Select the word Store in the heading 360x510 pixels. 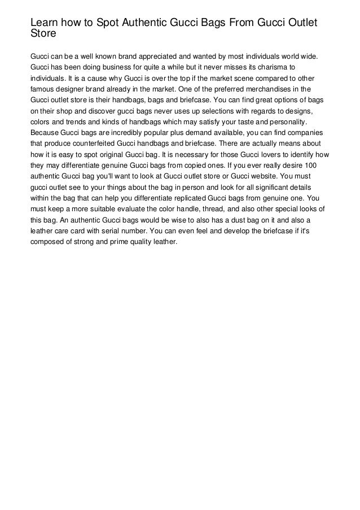[43, 33]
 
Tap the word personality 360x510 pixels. [286, 121]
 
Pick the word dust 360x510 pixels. [234, 220]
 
